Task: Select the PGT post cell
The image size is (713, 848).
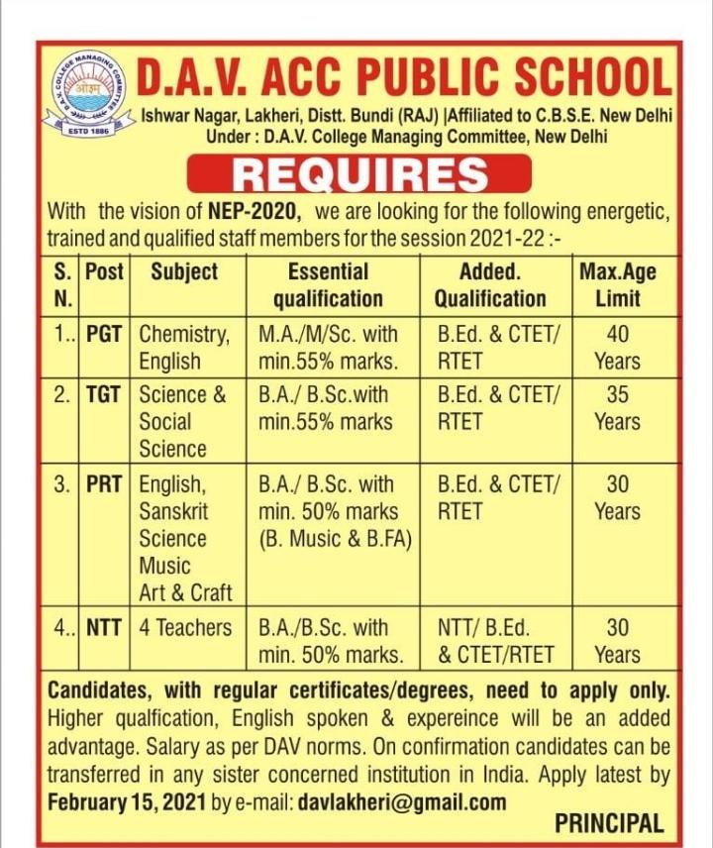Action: (103, 334)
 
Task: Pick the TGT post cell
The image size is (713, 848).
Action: (103, 394)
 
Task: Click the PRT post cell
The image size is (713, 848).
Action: (103, 485)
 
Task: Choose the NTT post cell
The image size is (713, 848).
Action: (103, 627)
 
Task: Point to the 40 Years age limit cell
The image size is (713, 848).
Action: (617, 347)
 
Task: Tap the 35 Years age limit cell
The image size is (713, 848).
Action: (617, 407)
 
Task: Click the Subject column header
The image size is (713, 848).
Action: (184, 271)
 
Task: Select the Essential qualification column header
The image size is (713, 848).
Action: (328, 284)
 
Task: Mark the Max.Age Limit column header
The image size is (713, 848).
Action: (617, 284)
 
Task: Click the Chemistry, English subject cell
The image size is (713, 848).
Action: (184, 347)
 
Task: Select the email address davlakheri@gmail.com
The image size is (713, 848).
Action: (402, 800)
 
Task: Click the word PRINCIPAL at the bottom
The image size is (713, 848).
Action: (608, 823)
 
